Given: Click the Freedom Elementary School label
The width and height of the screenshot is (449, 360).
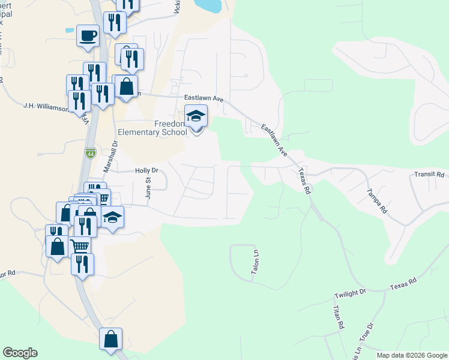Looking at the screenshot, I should [x=163, y=128].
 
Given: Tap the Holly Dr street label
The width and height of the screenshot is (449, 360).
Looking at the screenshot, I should [x=146, y=170].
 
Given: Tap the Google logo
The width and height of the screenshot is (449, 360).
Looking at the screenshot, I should [x=20, y=353].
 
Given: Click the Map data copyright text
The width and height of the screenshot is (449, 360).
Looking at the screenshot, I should [x=412, y=355].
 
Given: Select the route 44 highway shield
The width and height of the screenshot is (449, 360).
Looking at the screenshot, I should [x=91, y=154].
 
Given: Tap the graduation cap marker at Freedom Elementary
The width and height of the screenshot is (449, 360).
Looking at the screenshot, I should [x=196, y=115].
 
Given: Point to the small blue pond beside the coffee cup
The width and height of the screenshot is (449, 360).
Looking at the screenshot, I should [x=70, y=29].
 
